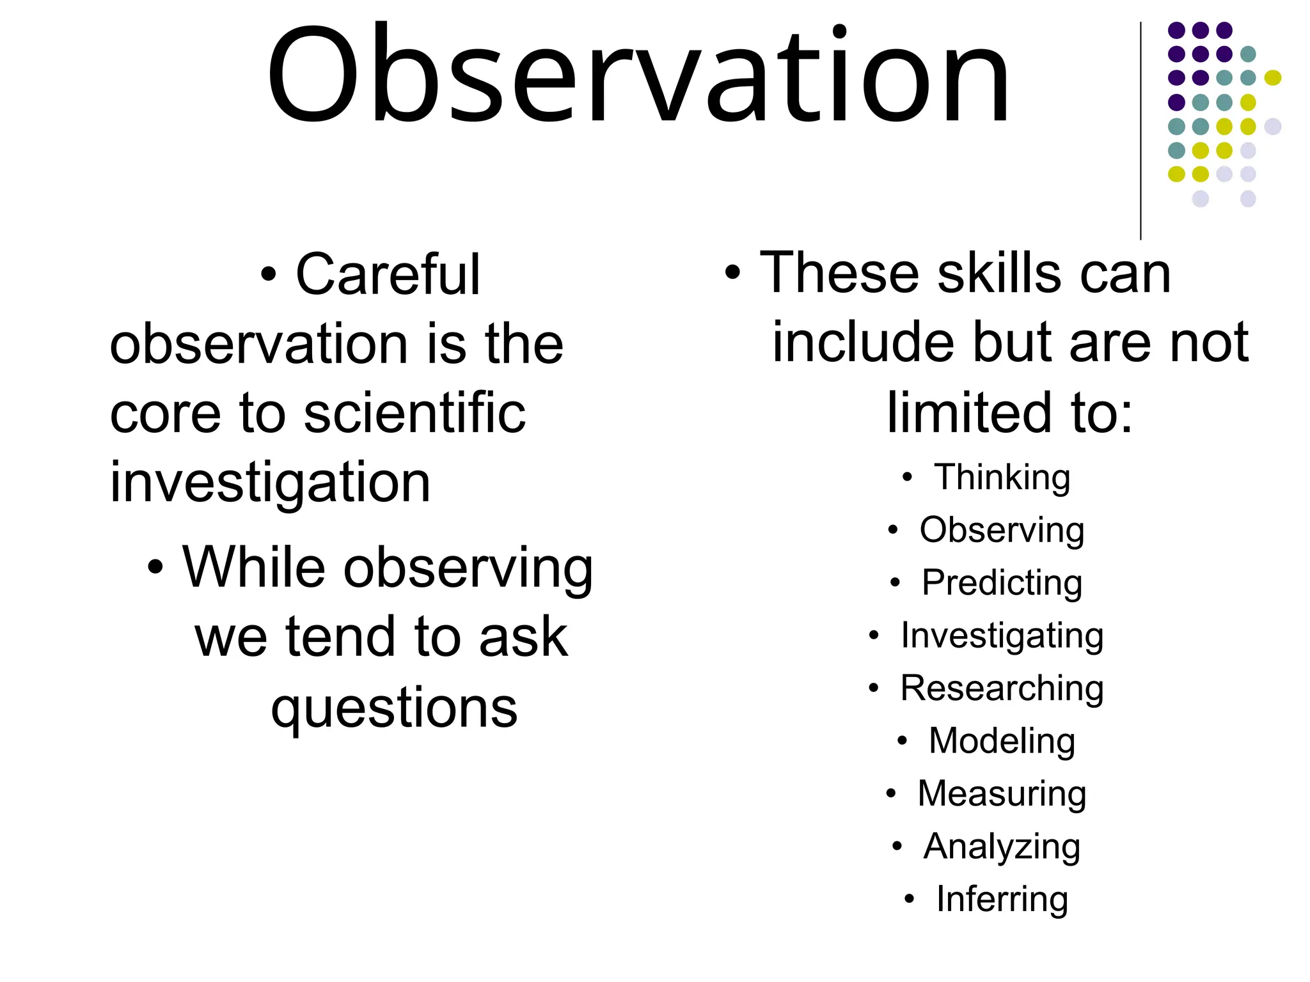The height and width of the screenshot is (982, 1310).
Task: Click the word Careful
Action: click(388, 275)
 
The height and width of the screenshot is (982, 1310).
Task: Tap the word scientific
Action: click(414, 414)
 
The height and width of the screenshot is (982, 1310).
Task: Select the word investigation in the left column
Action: click(270, 483)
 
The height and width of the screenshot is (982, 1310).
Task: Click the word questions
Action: click(394, 708)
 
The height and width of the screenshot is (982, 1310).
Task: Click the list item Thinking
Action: click(1002, 478)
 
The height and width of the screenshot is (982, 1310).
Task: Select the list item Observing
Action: click(1002, 531)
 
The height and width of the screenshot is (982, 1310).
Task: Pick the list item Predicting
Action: click(1002, 583)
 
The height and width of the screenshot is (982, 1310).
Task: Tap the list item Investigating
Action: click(1002, 636)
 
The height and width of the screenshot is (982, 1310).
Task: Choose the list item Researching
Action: click(1002, 689)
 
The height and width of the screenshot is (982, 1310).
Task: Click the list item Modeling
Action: click(1002, 741)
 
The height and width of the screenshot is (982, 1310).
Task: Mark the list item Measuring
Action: click(1002, 794)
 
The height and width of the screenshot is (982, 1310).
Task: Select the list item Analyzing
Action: click(1002, 847)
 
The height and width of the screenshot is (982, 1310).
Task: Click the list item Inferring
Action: click(1002, 900)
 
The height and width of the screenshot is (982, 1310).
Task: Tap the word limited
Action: click(964, 412)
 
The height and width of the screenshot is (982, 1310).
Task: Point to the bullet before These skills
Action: click(732, 273)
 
